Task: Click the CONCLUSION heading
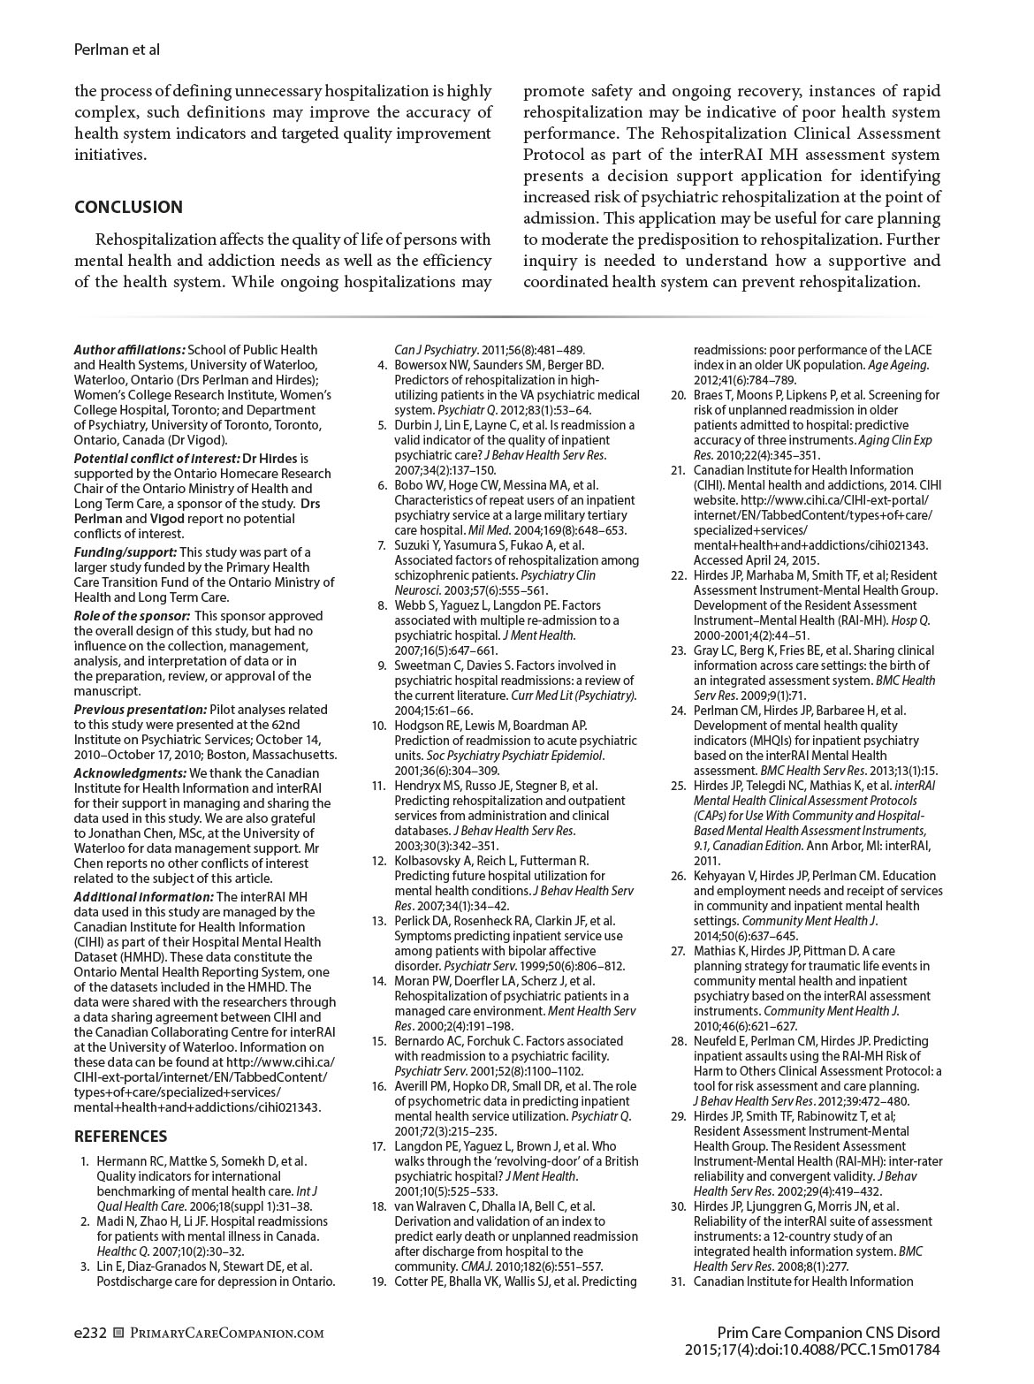point(128,207)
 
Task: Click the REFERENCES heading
point(120,1137)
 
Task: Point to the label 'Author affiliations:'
point(129,350)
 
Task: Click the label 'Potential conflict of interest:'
point(156,459)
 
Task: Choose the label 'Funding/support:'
point(125,552)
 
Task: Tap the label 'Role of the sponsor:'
point(131,616)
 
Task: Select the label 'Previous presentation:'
point(140,710)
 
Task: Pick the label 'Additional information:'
point(143,897)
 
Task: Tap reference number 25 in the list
point(678,785)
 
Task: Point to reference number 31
point(678,1281)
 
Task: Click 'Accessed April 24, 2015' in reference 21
point(756,560)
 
